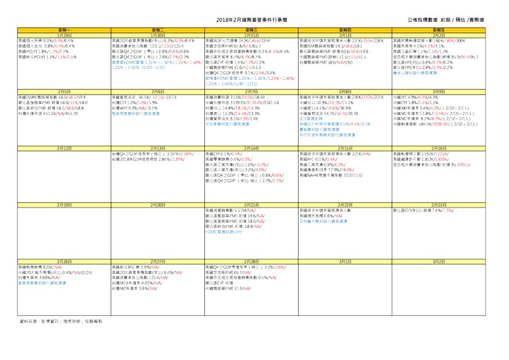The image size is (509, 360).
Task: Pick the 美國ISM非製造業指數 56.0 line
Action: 52,97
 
